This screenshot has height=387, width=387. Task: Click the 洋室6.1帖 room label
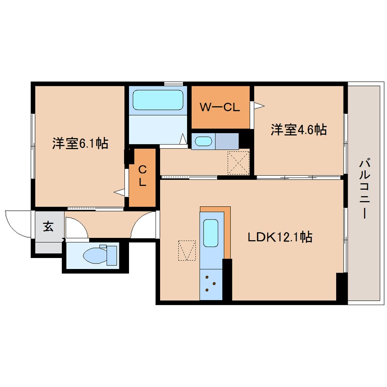click(x=80, y=143)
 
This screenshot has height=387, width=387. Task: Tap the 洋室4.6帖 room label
click(x=299, y=129)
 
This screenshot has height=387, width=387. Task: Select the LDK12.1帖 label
click(x=280, y=237)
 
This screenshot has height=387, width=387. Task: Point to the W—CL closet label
click(x=220, y=107)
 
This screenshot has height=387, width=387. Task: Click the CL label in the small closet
click(x=142, y=176)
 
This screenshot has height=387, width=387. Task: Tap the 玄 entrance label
click(x=48, y=226)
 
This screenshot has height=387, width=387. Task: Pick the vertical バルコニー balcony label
click(x=365, y=189)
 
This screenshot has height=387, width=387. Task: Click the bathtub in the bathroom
click(x=158, y=100)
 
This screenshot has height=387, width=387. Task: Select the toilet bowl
click(x=95, y=255)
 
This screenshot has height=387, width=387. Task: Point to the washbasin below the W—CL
click(x=204, y=141)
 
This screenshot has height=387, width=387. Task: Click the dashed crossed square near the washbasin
click(x=238, y=163)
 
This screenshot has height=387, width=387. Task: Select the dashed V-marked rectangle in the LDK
click(x=187, y=251)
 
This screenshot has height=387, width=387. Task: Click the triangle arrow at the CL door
click(x=119, y=192)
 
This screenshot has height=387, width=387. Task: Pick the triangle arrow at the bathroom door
click(x=183, y=139)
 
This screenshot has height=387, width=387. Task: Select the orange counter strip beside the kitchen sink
click(x=227, y=230)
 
